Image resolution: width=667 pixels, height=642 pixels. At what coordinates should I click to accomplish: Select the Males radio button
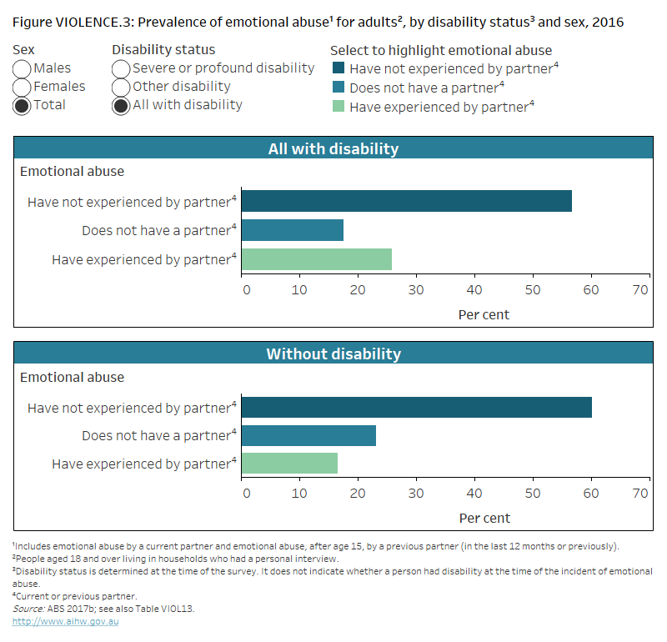(x=23, y=68)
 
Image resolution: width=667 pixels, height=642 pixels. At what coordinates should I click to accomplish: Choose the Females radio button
(x=23, y=87)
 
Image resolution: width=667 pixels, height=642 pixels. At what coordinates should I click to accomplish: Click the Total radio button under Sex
(x=23, y=105)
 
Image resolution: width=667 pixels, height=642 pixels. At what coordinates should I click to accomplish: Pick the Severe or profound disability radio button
(x=121, y=68)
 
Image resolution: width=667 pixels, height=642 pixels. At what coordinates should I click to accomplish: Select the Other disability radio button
(x=121, y=87)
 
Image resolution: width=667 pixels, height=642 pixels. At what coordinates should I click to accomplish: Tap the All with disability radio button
(x=121, y=105)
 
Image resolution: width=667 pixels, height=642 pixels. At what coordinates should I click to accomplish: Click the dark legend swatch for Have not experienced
(x=339, y=69)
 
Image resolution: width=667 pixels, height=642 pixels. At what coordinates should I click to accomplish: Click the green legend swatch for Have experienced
(x=339, y=107)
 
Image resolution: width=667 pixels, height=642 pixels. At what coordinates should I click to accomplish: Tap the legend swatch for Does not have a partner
(x=339, y=88)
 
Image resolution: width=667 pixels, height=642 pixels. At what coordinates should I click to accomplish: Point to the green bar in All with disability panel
(x=316, y=259)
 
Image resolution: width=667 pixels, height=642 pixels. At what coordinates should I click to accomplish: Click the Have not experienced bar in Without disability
(x=416, y=407)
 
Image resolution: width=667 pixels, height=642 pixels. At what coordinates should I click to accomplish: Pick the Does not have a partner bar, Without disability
(x=308, y=435)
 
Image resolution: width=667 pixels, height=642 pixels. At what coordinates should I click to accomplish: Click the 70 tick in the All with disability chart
(x=640, y=290)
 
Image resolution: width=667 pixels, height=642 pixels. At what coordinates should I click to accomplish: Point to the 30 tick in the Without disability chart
(x=415, y=494)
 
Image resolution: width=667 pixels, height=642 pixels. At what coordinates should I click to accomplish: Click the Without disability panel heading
(x=333, y=354)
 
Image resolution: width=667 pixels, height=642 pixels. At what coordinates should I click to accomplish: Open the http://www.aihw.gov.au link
(x=65, y=622)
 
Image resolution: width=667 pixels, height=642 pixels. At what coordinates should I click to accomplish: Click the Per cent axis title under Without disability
(x=484, y=518)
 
